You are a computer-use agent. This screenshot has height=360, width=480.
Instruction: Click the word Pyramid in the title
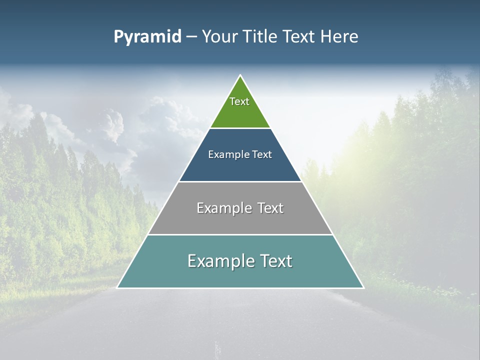tap(147, 37)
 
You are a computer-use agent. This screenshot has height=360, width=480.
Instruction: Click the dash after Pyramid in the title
tap(191, 37)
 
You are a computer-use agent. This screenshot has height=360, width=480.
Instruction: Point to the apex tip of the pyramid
tap(240, 76)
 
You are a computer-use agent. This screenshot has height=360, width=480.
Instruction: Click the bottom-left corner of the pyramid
tap(118, 287)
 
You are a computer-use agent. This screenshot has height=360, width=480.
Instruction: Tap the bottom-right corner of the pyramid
tap(363, 287)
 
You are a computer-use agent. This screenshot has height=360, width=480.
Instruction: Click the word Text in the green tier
tap(239, 101)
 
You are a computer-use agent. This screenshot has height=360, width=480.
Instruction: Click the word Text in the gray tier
tap(270, 208)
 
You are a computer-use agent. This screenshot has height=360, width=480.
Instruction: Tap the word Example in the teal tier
tap(218, 261)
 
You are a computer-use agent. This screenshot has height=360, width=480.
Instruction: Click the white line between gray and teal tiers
tap(240, 234)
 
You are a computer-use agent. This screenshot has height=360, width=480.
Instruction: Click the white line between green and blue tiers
tap(240, 128)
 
